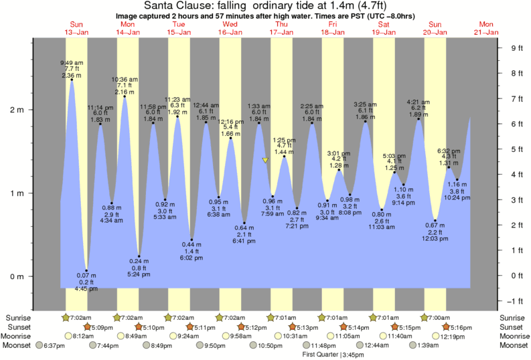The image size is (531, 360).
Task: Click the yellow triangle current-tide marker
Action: click(266, 161)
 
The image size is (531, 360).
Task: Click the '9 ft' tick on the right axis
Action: click(516, 48)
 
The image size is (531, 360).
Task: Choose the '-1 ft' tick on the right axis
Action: click(516, 300)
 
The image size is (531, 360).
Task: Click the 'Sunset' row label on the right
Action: click(514, 327)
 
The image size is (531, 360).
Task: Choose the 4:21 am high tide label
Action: click(419, 102)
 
